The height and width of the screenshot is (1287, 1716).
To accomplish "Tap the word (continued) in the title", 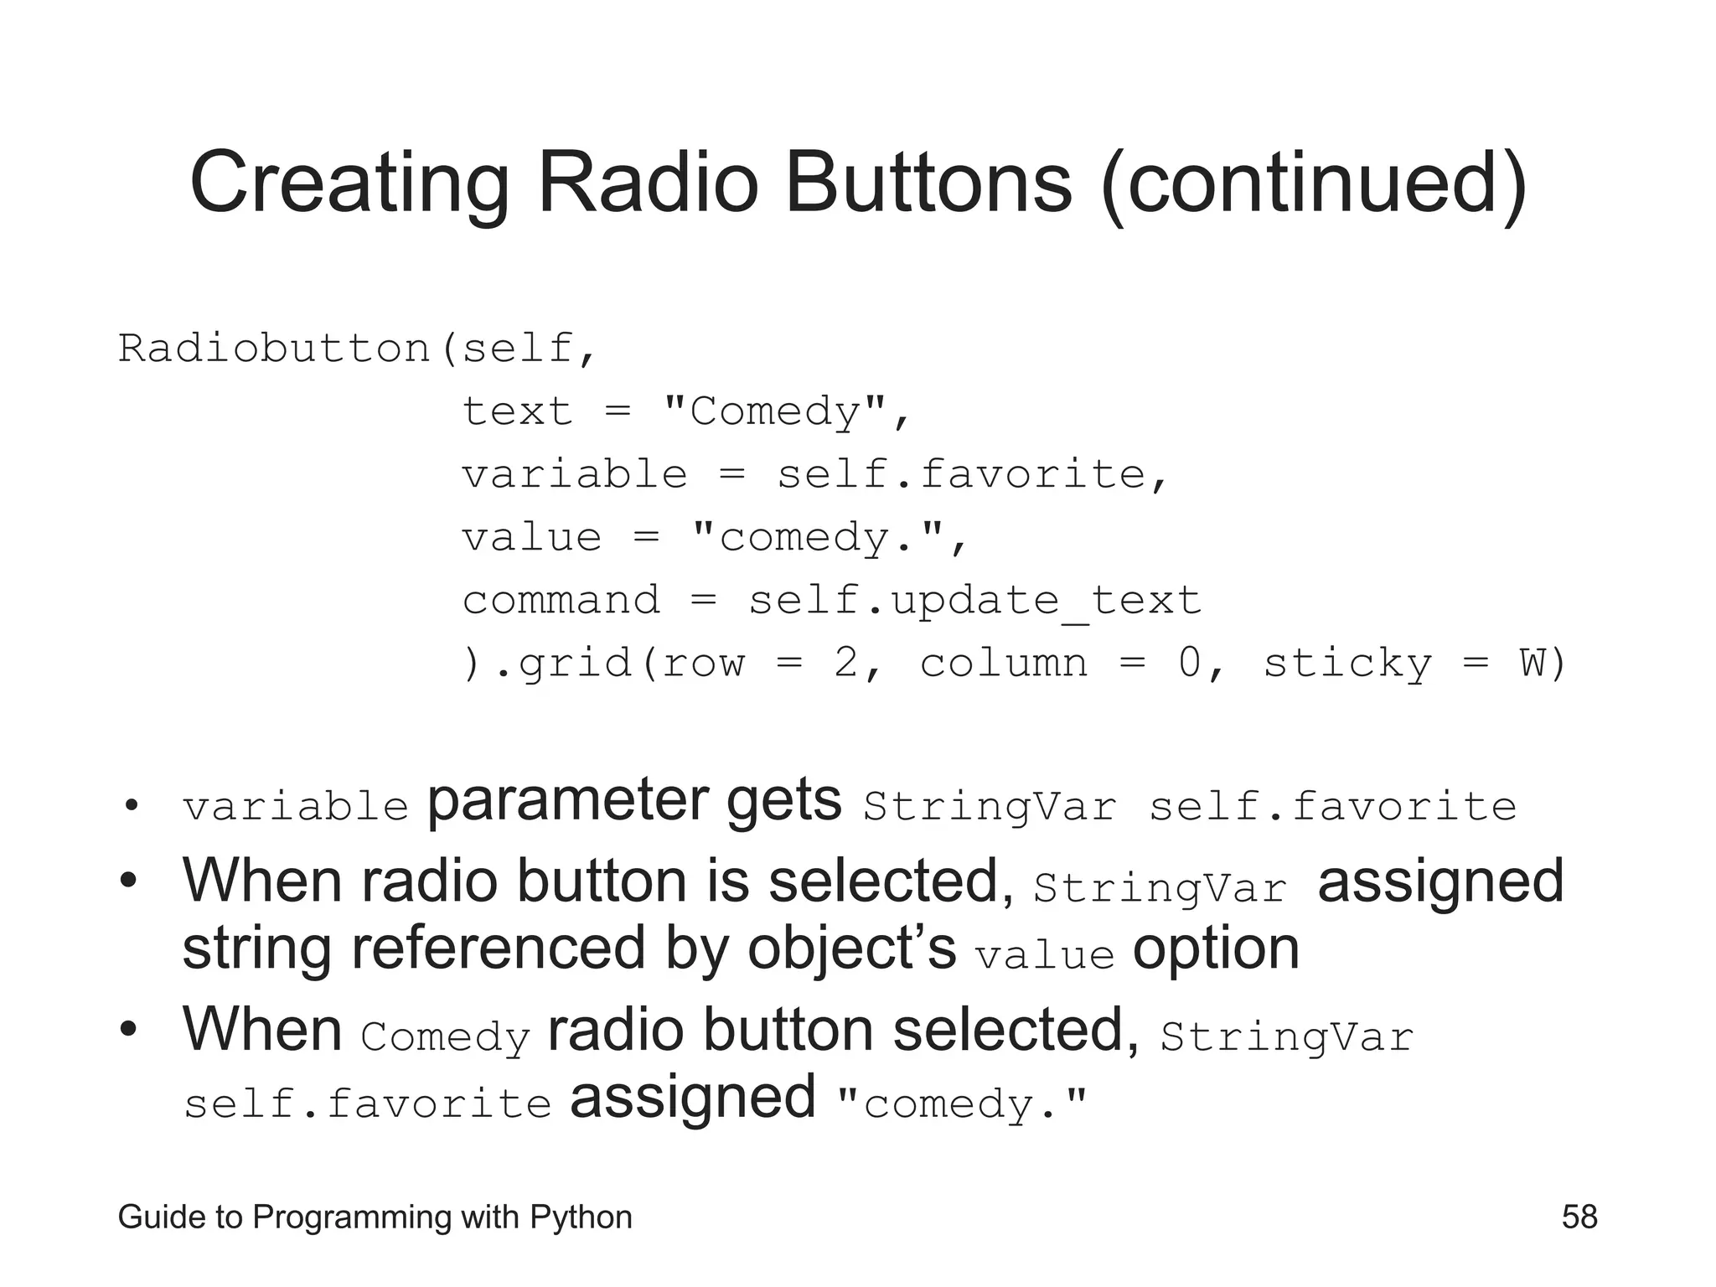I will pyautogui.click(x=1314, y=182).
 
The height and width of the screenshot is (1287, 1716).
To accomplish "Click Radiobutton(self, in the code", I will pyautogui.click(x=357, y=348).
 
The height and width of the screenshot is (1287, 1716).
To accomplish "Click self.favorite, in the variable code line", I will pyautogui.click(x=972, y=474).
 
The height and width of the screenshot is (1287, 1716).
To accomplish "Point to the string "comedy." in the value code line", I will pyautogui.click(x=818, y=537).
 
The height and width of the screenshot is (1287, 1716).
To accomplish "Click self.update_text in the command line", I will pyautogui.click(x=974, y=601).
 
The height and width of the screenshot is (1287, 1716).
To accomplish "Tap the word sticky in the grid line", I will pyautogui.click(x=1347, y=664).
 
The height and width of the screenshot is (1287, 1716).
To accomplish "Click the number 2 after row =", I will pyautogui.click(x=846, y=664).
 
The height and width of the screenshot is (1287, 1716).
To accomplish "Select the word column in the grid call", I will pyautogui.click(x=1004, y=664).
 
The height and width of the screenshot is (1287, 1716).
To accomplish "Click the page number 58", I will pyautogui.click(x=1579, y=1217).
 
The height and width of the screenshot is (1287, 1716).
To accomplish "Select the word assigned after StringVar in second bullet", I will pyautogui.click(x=1440, y=881).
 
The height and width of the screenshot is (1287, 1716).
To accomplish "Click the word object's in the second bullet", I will pyautogui.click(x=851, y=948).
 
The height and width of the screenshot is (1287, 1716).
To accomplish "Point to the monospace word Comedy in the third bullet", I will pyautogui.click(x=445, y=1037).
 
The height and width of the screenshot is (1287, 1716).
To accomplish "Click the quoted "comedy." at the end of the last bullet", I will pyautogui.click(x=962, y=1104).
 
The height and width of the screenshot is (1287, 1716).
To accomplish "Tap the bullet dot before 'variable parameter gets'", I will pyautogui.click(x=130, y=807).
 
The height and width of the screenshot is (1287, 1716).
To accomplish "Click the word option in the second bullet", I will pyautogui.click(x=1216, y=948).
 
